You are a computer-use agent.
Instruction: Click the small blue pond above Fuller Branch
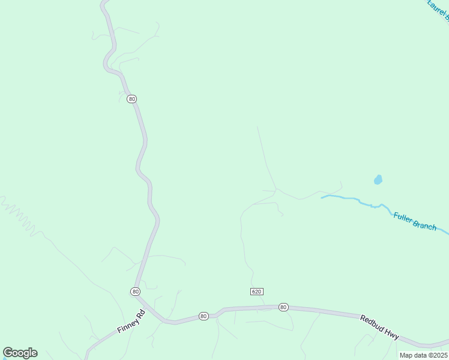pyautogui.click(x=378, y=179)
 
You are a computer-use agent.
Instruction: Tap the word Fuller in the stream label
pyautogui.click(x=404, y=218)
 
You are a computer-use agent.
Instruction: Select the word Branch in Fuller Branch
pyautogui.click(x=425, y=226)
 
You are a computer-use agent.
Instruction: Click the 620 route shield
pyautogui.click(x=256, y=292)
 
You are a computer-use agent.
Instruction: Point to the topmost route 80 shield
pyautogui.click(x=132, y=98)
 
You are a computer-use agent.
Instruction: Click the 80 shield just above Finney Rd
pyautogui.click(x=135, y=292)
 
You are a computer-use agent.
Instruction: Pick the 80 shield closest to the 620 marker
pyautogui.click(x=283, y=307)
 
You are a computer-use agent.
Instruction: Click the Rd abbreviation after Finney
pyautogui.click(x=142, y=314)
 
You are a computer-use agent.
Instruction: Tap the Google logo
pyautogui.click(x=20, y=353)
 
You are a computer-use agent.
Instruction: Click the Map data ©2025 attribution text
pyautogui.click(x=423, y=355)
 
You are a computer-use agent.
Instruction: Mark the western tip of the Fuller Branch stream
pyautogui.click(x=322, y=197)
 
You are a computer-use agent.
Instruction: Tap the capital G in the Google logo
pyautogui.click(x=8, y=353)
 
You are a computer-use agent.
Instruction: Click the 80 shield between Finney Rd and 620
pyautogui.click(x=203, y=316)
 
